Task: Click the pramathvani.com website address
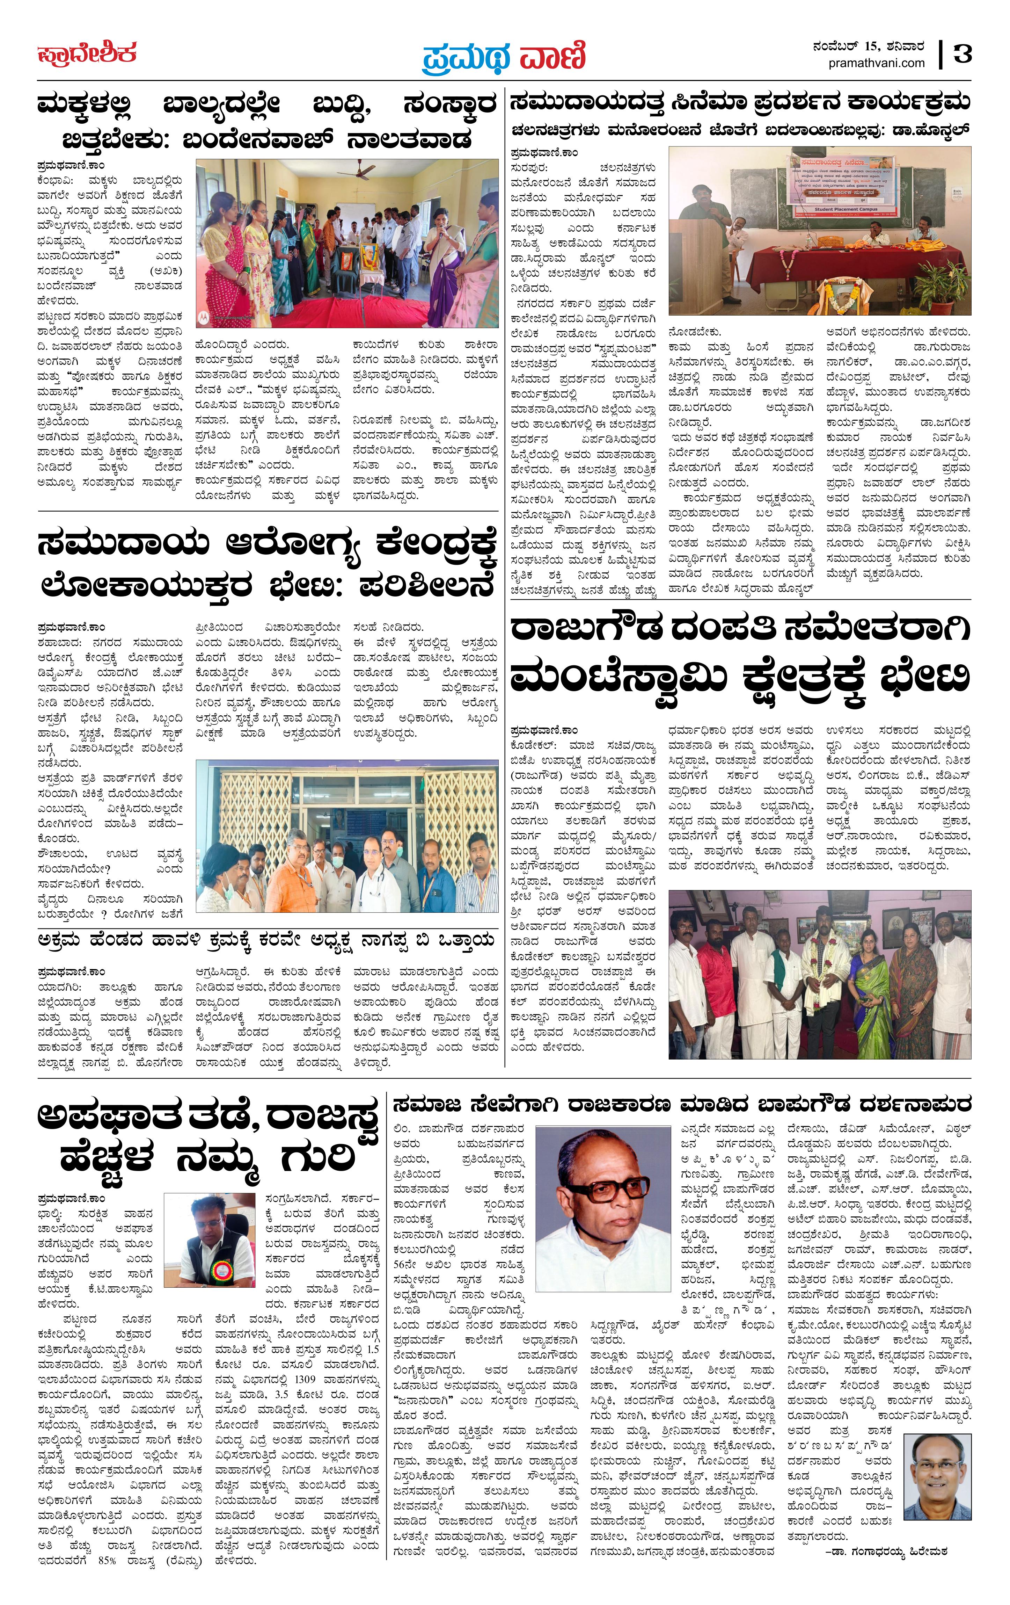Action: pyautogui.click(x=877, y=63)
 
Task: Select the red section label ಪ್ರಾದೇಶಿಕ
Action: pyautogui.click(x=87, y=53)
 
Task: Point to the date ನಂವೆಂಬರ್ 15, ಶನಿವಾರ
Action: pyautogui.click(x=868, y=47)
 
